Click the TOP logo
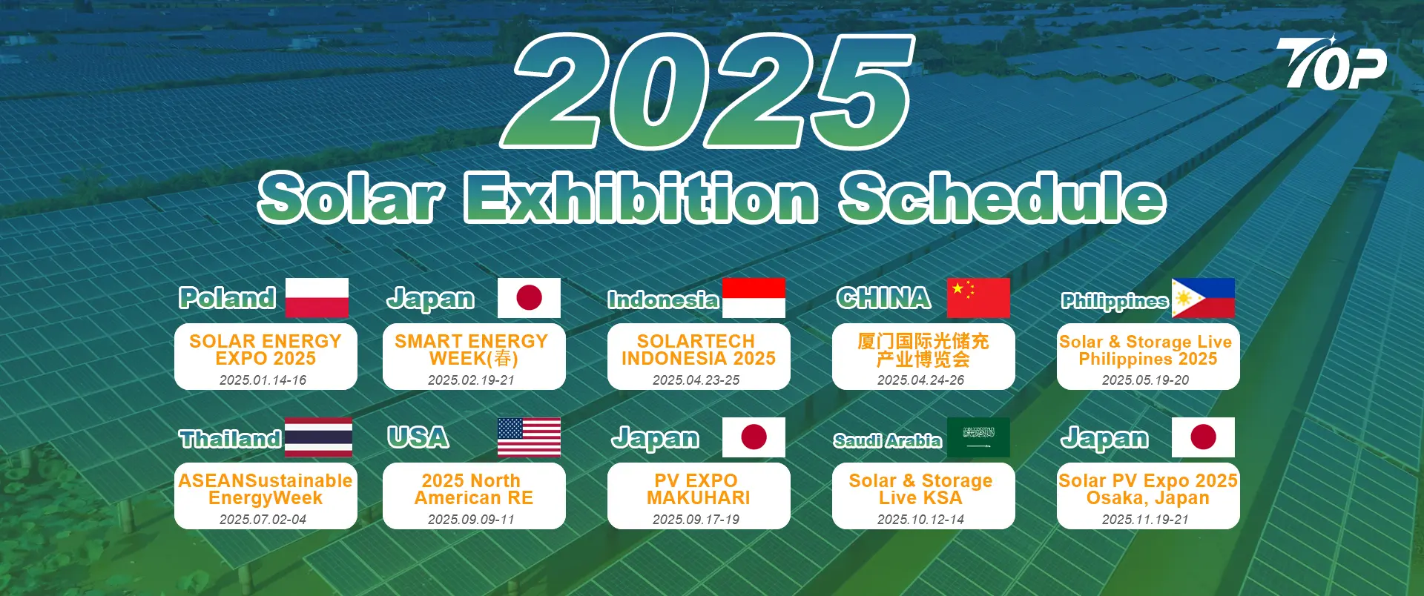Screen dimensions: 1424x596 [1331, 63]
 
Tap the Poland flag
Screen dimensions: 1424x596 [317, 298]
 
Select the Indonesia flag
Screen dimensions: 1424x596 [754, 298]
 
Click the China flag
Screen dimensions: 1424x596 [978, 298]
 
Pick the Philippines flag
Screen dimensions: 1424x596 [1203, 298]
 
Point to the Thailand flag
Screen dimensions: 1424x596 [319, 437]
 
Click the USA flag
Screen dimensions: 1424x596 [529, 437]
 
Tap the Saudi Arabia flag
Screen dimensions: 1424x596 [978, 437]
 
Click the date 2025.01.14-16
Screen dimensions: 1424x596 [263, 380]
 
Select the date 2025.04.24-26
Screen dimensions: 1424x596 [920, 380]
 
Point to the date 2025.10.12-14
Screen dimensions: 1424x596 [920, 520]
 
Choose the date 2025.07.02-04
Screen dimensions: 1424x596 [263, 520]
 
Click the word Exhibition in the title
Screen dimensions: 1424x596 [641, 197]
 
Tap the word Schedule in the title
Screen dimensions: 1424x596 [1003, 197]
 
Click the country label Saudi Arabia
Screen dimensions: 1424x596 [887, 440]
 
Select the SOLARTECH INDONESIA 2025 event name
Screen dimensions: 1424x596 [698, 350]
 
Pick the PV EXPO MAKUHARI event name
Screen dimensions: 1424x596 [698, 489]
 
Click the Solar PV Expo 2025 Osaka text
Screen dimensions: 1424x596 [1147, 489]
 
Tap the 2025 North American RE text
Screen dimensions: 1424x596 [473, 489]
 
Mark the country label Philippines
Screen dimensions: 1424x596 [1115, 301]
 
